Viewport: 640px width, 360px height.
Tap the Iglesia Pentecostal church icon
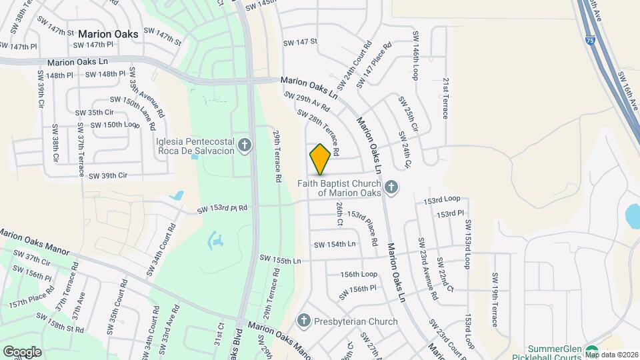coord(245,145)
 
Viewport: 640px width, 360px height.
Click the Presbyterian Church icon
coord(305,321)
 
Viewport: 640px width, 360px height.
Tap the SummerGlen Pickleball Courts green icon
coord(592,351)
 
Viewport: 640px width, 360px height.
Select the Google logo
coord(22,351)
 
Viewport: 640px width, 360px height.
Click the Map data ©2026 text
coord(611,355)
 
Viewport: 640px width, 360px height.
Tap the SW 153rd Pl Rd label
coord(222,209)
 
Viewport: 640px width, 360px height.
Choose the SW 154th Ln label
coord(335,244)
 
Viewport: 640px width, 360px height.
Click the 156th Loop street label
coord(359,274)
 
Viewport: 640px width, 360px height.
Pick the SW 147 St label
coord(299,42)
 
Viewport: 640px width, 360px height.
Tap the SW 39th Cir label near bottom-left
coord(107,176)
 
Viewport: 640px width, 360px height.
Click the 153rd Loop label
coord(442,199)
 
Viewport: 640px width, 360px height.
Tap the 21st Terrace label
coord(446,97)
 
